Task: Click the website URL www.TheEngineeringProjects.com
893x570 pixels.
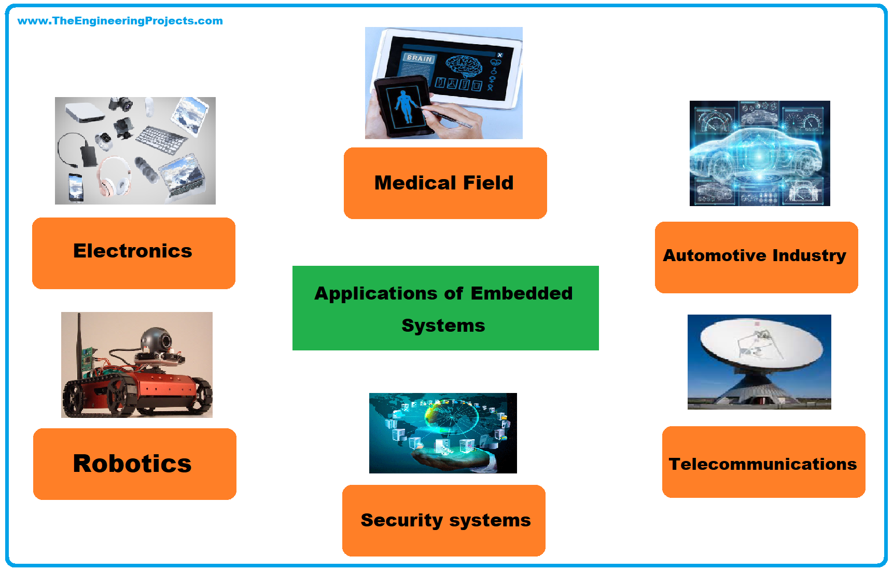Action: (x=120, y=21)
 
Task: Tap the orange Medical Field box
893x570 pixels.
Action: (x=445, y=183)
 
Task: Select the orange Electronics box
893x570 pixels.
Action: (x=133, y=253)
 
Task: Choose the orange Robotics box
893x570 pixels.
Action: (x=134, y=464)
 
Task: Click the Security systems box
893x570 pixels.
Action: (x=444, y=520)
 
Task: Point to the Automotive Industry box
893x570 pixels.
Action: (x=756, y=257)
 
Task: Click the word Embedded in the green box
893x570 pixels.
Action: (x=521, y=293)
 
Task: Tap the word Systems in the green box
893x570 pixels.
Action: (x=443, y=325)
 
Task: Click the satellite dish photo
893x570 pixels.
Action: (x=759, y=361)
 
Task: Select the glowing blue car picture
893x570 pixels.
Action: (x=759, y=153)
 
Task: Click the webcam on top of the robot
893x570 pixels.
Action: (x=158, y=340)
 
